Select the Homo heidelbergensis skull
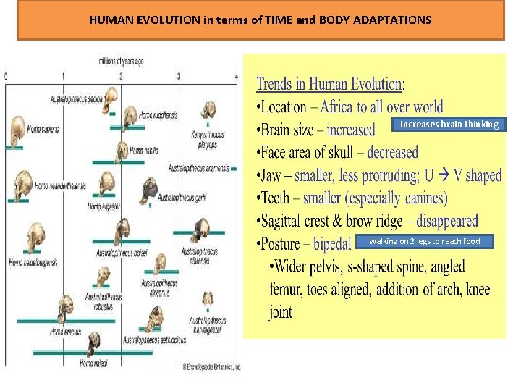click(34, 239)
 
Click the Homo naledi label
click(93, 363)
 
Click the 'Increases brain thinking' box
click(449, 125)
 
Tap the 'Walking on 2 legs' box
click(424, 241)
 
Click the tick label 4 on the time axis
click(236, 76)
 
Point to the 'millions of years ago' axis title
click(121, 61)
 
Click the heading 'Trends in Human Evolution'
click(329, 84)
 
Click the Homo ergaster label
click(103, 206)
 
